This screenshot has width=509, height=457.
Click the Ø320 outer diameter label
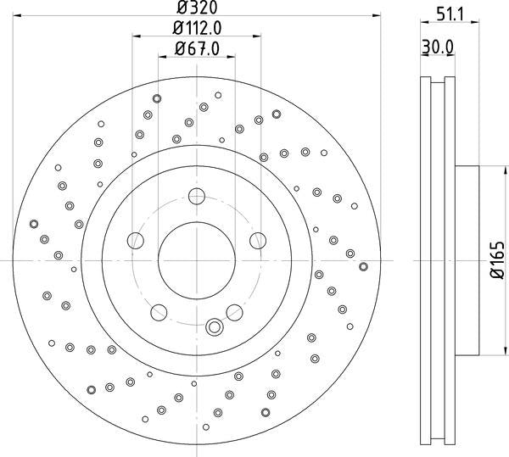point(197,10)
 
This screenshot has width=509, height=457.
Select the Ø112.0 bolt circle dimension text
point(197,30)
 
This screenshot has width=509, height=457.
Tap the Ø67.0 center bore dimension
point(197,49)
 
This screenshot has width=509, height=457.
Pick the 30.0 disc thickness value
point(439,49)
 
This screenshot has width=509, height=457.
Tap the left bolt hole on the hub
point(136,242)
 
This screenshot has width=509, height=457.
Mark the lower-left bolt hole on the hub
point(158,313)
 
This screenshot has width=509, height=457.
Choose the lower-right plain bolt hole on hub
point(234,312)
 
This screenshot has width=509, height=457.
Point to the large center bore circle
point(197,259)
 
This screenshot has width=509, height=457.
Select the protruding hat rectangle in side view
point(467,259)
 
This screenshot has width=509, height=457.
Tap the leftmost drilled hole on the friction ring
point(34,224)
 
